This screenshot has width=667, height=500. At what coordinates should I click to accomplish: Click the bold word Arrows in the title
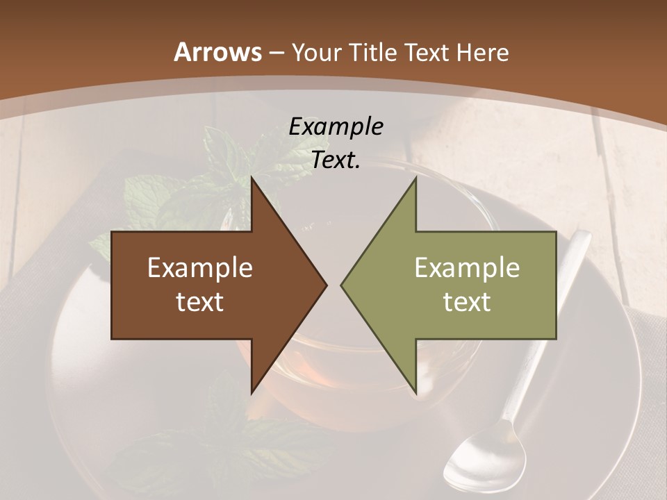(x=217, y=52)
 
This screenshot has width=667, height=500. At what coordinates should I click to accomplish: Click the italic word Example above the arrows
(x=336, y=126)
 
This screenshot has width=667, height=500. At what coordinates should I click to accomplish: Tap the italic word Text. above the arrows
(x=336, y=160)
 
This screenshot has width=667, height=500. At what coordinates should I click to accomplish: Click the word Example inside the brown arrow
(x=200, y=268)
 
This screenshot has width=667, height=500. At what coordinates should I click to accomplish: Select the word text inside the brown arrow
(x=200, y=302)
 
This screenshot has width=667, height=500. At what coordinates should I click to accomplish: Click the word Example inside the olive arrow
(x=467, y=268)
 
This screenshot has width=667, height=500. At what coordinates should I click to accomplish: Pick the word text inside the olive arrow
(x=467, y=302)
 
